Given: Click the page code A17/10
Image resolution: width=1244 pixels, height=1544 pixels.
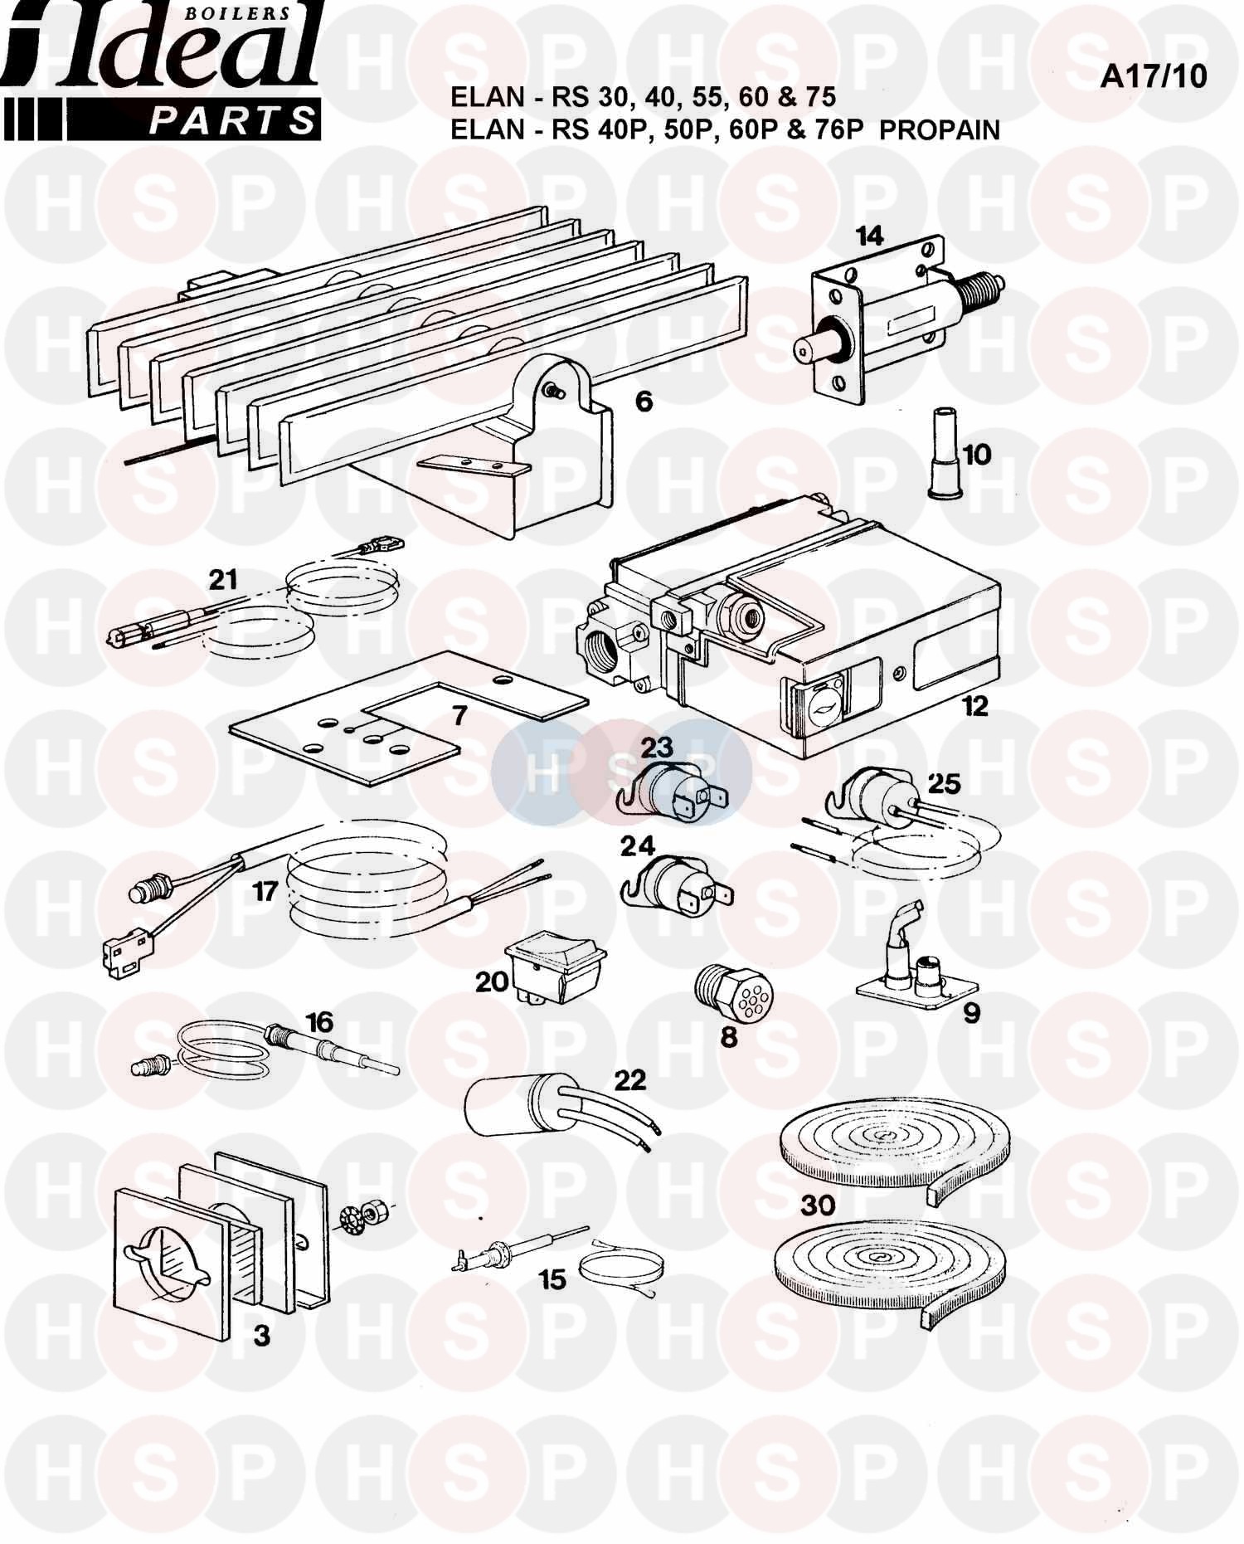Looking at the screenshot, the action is (1153, 76).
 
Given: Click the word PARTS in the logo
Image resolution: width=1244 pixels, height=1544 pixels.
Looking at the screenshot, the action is (231, 121).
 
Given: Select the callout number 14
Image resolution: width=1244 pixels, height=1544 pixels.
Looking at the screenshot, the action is (869, 236).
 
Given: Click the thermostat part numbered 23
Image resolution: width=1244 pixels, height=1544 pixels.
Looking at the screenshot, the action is (673, 791).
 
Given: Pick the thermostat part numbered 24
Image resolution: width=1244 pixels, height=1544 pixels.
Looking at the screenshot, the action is (676, 888).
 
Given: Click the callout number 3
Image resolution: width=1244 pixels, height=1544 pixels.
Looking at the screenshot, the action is (261, 1336).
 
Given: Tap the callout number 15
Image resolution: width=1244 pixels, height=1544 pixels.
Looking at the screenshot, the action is (552, 1279).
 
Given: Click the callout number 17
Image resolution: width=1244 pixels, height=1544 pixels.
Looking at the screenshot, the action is (265, 892).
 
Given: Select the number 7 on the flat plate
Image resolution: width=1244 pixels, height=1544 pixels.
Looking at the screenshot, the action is (460, 714).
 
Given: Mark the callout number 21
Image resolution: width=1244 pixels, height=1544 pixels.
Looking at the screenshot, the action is (223, 579).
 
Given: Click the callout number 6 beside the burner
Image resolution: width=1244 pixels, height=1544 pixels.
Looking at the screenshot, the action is (644, 402).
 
